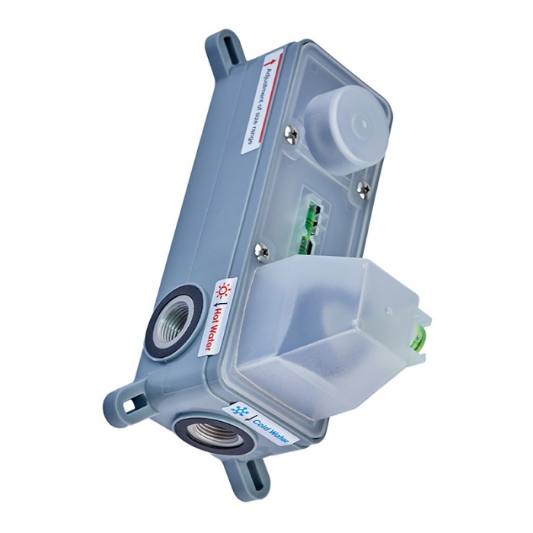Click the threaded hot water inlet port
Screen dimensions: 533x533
(x=176, y=320)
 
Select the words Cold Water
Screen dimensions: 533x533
(x=270, y=429)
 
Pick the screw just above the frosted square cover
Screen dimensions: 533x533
(x=262, y=252)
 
